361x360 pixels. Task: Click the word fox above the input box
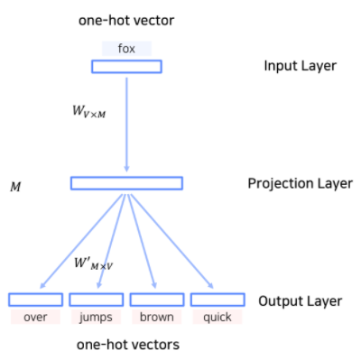(126, 49)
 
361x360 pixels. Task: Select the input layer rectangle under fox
(126, 66)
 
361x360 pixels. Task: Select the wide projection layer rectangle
(126, 183)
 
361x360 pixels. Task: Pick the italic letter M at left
(14, 189)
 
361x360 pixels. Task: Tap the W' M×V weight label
(96, 265)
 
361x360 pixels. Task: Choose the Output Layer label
(300, 300)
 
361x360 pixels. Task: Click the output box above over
(35, 300)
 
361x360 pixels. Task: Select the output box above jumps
(96, 300)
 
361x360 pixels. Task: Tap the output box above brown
(157, 300)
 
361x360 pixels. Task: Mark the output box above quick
(218, 300)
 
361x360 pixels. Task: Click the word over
(35, 317)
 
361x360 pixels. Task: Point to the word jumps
(96, 318)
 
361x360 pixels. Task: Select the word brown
(157, 317)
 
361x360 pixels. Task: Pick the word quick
(218, 318)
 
